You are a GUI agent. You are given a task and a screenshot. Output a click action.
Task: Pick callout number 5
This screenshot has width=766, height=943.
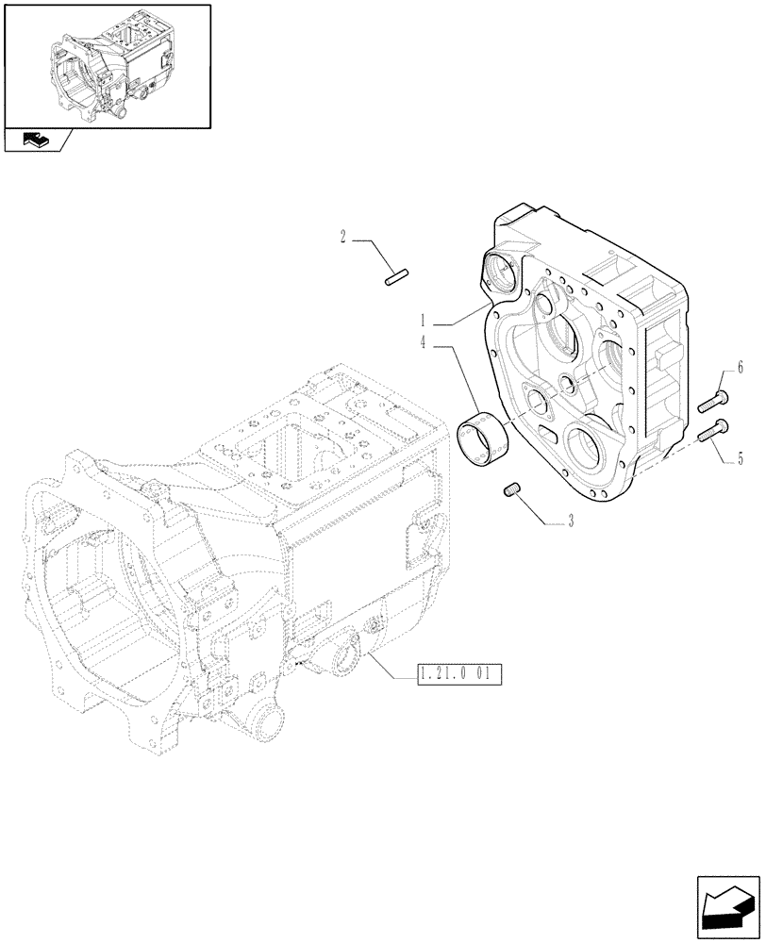click(x=740, y=459)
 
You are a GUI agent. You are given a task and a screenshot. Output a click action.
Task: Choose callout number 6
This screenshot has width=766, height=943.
click(x=740, y=367)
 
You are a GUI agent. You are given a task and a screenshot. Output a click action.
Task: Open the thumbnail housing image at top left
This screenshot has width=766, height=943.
click(x=107, y=64)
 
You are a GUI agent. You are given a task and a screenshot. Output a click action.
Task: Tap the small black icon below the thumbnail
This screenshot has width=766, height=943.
click(x=36, y=141)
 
